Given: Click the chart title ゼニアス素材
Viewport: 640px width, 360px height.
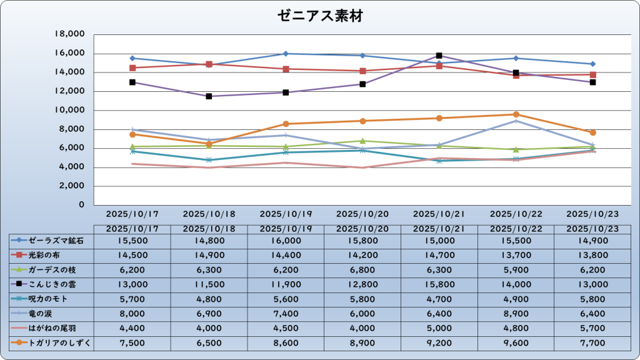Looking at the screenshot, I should (x=320, y=16).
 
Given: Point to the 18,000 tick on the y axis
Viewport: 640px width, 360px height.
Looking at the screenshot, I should (x=70, y=34).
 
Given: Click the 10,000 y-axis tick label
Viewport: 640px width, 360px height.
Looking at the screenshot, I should (x=70, y=110).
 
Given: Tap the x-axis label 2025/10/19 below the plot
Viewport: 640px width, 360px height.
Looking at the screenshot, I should (x=286, y=213).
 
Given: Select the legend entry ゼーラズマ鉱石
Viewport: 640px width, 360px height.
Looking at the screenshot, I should (x=51, y=240).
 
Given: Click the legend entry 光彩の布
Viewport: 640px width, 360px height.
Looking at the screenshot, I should (x=51, y=255).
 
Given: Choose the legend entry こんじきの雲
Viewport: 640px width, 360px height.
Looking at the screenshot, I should (x=51, y=284).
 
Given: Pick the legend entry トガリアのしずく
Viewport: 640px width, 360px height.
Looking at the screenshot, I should (x=51, y=342).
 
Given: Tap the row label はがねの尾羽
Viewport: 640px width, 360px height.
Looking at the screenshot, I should (x=51, y=327).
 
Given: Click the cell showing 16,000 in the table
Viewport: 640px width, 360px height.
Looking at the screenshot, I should (x=286, y=240).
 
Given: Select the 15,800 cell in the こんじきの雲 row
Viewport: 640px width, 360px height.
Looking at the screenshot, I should (x=439, y=284).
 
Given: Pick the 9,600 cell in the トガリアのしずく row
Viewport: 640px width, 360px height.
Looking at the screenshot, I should (x=516, y=342).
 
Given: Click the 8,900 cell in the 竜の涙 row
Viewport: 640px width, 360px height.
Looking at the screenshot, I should (x=516, y=313).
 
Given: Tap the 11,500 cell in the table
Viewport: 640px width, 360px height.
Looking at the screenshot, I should (x=209, y=284).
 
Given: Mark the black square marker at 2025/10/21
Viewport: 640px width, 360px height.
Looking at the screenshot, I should (x=439, y=56).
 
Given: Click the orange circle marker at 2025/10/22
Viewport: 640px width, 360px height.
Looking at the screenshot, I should (x=516, y=114).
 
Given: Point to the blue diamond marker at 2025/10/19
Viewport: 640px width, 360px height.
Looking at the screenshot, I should (x=286, y=54).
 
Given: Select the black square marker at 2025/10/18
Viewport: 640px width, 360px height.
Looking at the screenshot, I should (x=209, y=96).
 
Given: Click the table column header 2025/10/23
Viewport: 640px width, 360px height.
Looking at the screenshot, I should (x=592, y=229).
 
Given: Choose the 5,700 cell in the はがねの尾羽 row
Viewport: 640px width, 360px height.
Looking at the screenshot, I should (x=592, y=327).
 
